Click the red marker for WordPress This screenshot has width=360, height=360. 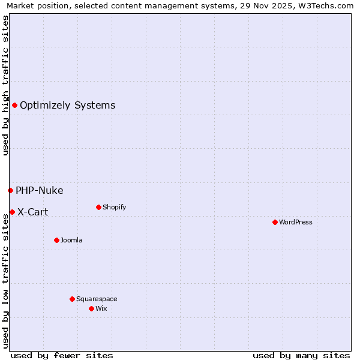click(275, 222)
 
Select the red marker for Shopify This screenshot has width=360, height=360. click(98, 207)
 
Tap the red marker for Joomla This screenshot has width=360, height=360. click(56, 240)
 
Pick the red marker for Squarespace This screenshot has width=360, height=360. click(72, 299)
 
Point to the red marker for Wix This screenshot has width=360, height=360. click(91, 308)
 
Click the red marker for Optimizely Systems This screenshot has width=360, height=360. click(14, 106)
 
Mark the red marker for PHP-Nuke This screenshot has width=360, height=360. click(10, 190)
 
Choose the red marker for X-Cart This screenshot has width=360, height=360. click(12, 212)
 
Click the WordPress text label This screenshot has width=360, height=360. click(296, 222)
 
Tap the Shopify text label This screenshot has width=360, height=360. click(115, 207)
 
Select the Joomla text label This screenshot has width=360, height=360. click(71, 240)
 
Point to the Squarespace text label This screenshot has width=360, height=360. click(97, 299)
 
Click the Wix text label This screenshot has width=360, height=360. click(101, 308)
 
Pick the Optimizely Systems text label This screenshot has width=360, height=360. click(67, 106)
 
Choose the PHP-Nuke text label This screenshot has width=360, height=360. click(39, 191)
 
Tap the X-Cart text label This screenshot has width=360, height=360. click(32, 212)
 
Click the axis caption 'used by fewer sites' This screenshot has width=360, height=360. click(62, 355)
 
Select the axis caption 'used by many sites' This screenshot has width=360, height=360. click(301, 355)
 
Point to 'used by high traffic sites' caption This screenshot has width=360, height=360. click(6, 85)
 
